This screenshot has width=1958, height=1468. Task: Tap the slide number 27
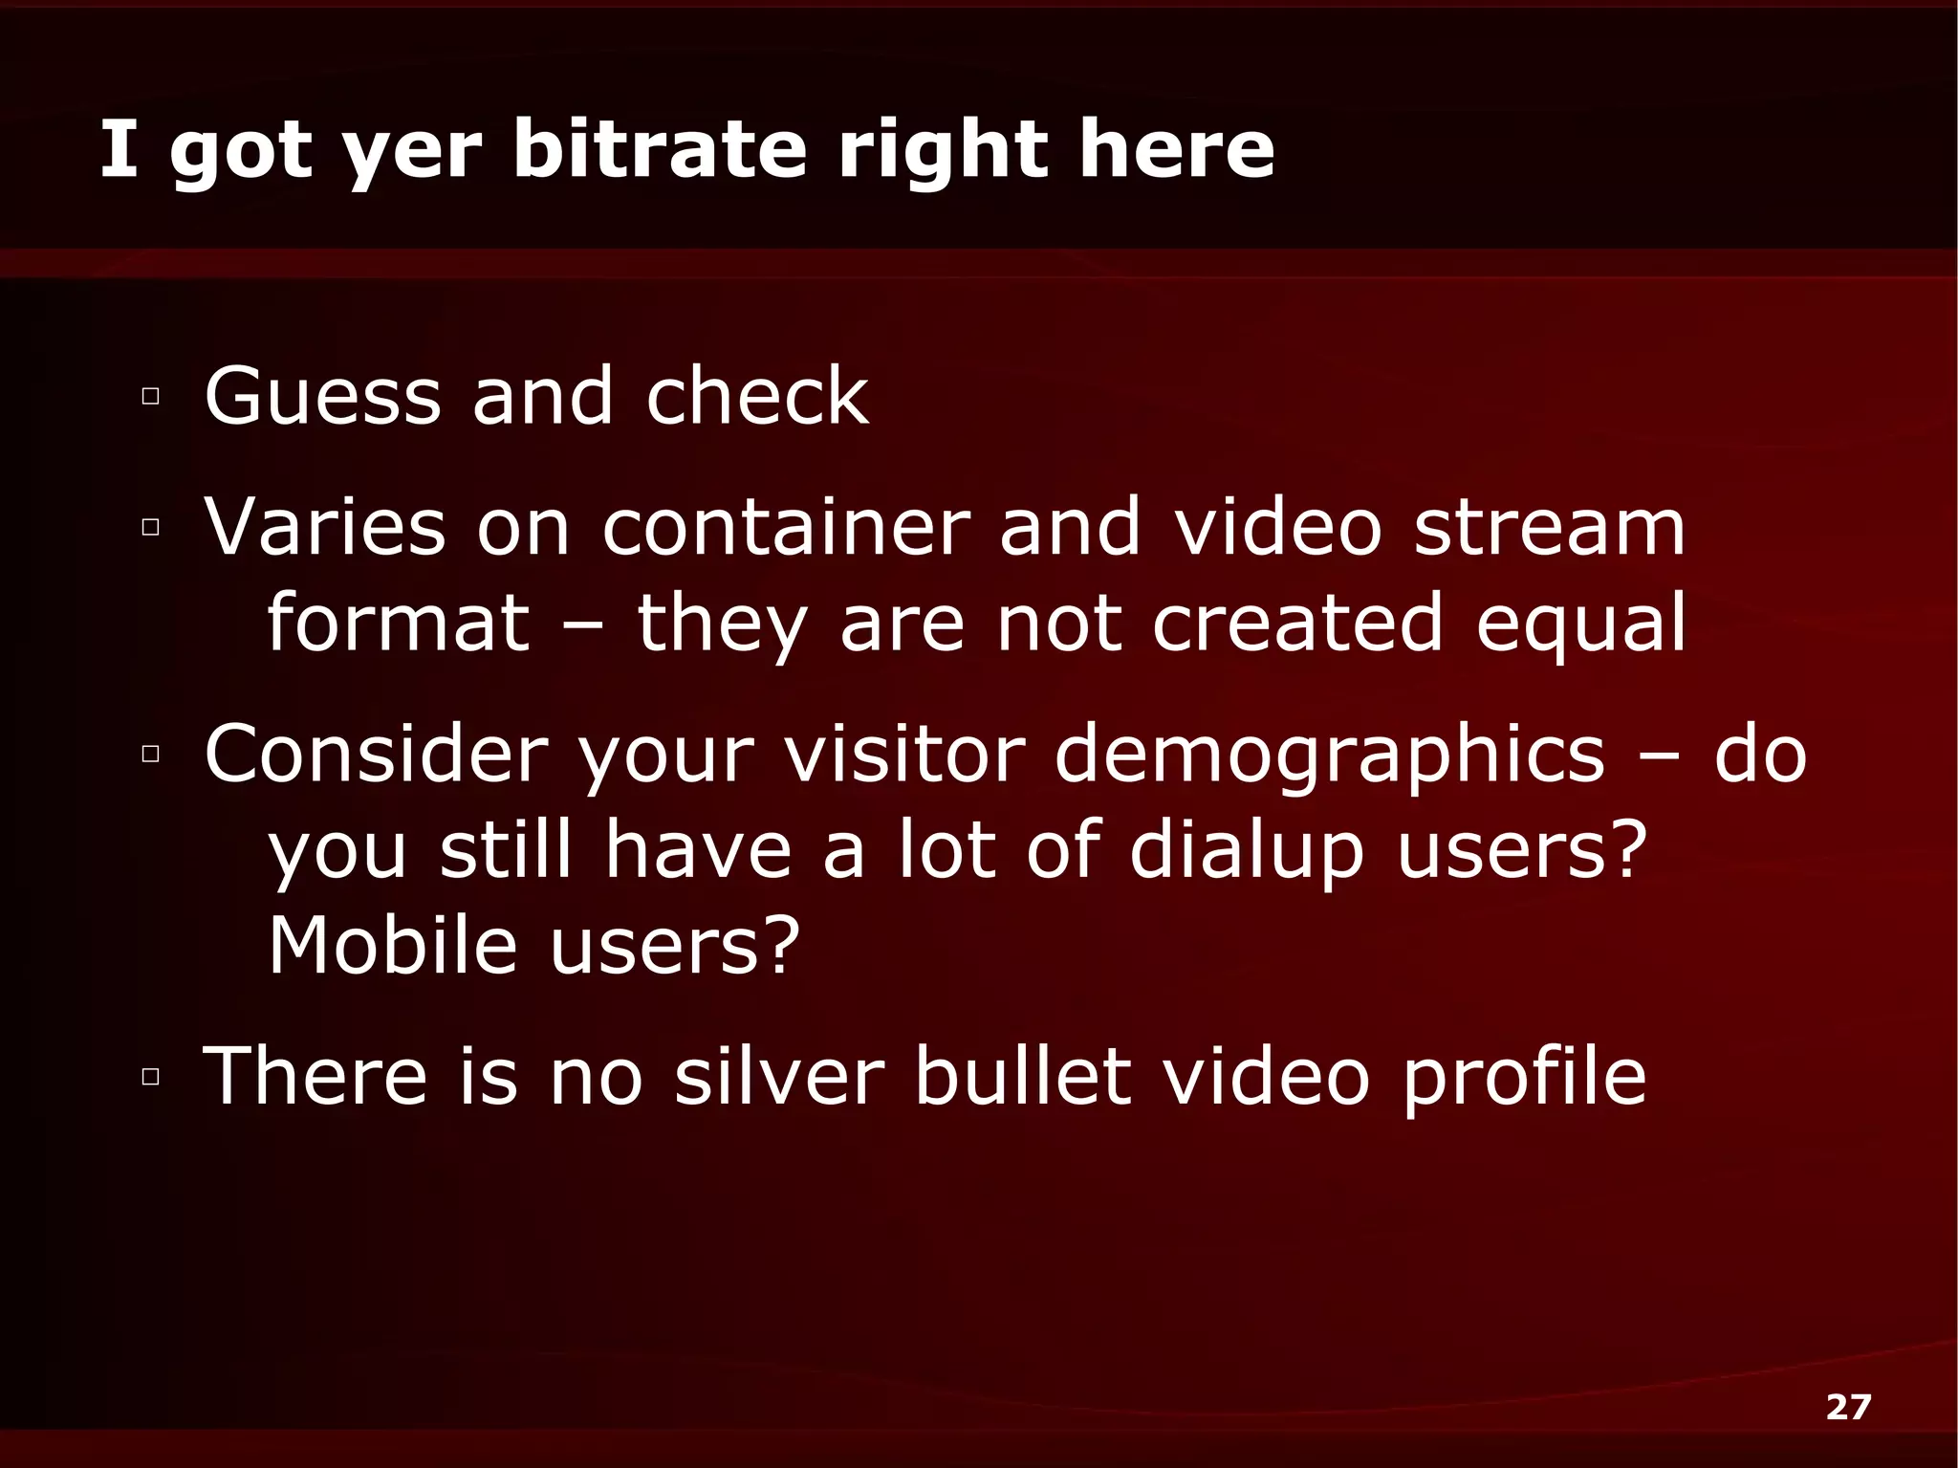[x=1848, y=1407]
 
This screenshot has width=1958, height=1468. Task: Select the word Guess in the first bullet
[x=322, y=396]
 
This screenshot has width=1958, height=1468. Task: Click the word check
[x=757, y=396]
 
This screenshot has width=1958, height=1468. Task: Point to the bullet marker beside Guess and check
[x=150, y=396]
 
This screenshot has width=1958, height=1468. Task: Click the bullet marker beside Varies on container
[x=150, y=526]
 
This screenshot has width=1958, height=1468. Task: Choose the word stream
[x=1549, y=527]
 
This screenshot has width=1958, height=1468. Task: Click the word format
[x=398, y=623]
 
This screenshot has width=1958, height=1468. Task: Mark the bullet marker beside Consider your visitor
[x=150, y=754]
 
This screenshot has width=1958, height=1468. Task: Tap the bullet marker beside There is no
[x=150, y=1077]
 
